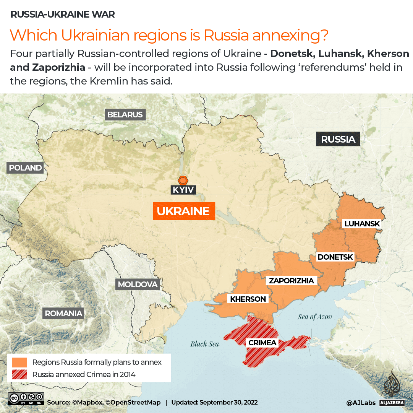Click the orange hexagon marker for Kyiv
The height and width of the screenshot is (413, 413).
pyautogui.click(x=183, y=180)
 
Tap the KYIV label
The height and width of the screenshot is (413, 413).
pyautogui.click(x=183, y=190)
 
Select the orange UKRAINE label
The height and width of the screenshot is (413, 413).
pyautogui.click(x=183, y=211)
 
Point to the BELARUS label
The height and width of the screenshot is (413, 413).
pyautogui.click(x=125, y=114)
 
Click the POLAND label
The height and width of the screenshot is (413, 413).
pyautogui.click(x=25, y=167)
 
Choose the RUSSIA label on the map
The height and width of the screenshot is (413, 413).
pyautogui.click(x=338, y=139)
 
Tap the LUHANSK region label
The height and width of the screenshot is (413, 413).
pyautogui.click(x=362, y=224)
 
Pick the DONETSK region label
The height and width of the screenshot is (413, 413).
pyautogui.click(x=335, y=257)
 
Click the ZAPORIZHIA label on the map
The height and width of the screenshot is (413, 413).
pyautogui.click(x=292, y=281)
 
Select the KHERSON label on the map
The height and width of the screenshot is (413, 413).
pyautogui.click(x=248, y=299)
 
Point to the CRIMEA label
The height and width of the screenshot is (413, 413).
pyautogui.click(x=262, y=343)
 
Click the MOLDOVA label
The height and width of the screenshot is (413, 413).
pyautogui.click(x=138, y=284)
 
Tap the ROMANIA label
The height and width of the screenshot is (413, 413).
pyautogui.click(x=63, y=314)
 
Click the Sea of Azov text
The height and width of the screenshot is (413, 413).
pyautogui.click(x=315, y=317)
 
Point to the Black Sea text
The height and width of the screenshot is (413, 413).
pyautogui.click(x=204, y=344)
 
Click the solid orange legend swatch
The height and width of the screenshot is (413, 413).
pyautogui.click(x=19, y=362)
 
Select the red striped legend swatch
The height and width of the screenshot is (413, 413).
pyautogui.click(x=19, y=374)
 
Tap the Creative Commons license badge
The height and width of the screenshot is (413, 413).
pyautogui.click(x=26, y=399)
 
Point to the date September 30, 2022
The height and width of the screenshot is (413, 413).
pyautogui.click(x=228, y=402)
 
